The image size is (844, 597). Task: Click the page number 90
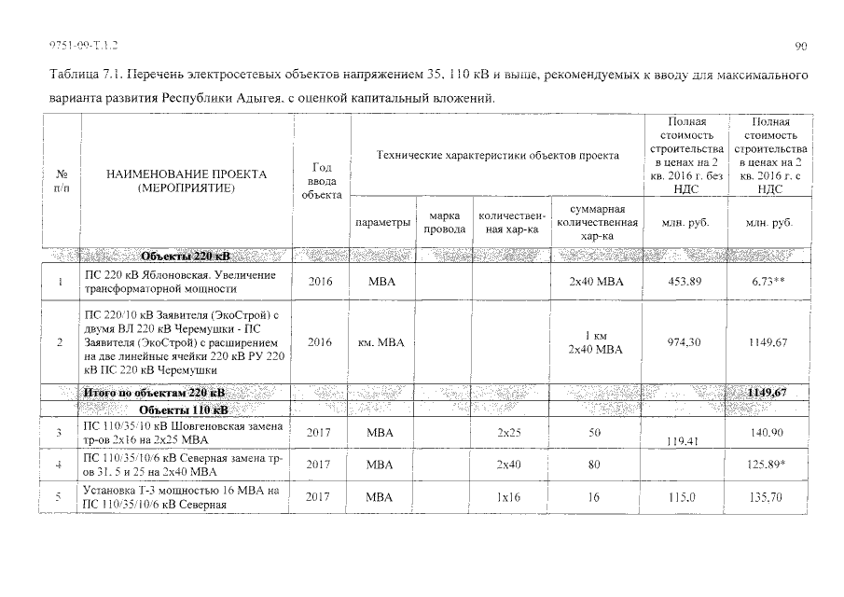click(801, 45)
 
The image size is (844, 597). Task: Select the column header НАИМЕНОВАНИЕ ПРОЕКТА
click(186, 174)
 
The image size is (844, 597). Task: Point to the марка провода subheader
click(444, 223)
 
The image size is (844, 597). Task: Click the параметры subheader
click(381, 223)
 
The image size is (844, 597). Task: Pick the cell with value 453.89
click(685, 282)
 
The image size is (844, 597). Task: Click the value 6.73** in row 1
click(768, 282)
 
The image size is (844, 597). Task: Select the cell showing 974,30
click(685, 342)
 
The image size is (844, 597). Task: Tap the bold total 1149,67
click(767, 393)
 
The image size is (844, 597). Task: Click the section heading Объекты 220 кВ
click(185, 256)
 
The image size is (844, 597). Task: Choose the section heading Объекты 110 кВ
click(183, 410)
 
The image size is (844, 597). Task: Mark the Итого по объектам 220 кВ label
click(154, 393)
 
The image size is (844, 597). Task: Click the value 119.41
click(685, 443)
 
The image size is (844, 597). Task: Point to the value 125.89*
click(768, 464)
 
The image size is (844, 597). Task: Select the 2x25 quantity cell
click(509, 433)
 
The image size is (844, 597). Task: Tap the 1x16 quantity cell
click(509, 498)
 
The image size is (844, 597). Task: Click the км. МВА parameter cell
click(381, 342)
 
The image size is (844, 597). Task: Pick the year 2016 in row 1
click(319, 282)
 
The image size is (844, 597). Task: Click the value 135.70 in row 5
click(768, 498)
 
